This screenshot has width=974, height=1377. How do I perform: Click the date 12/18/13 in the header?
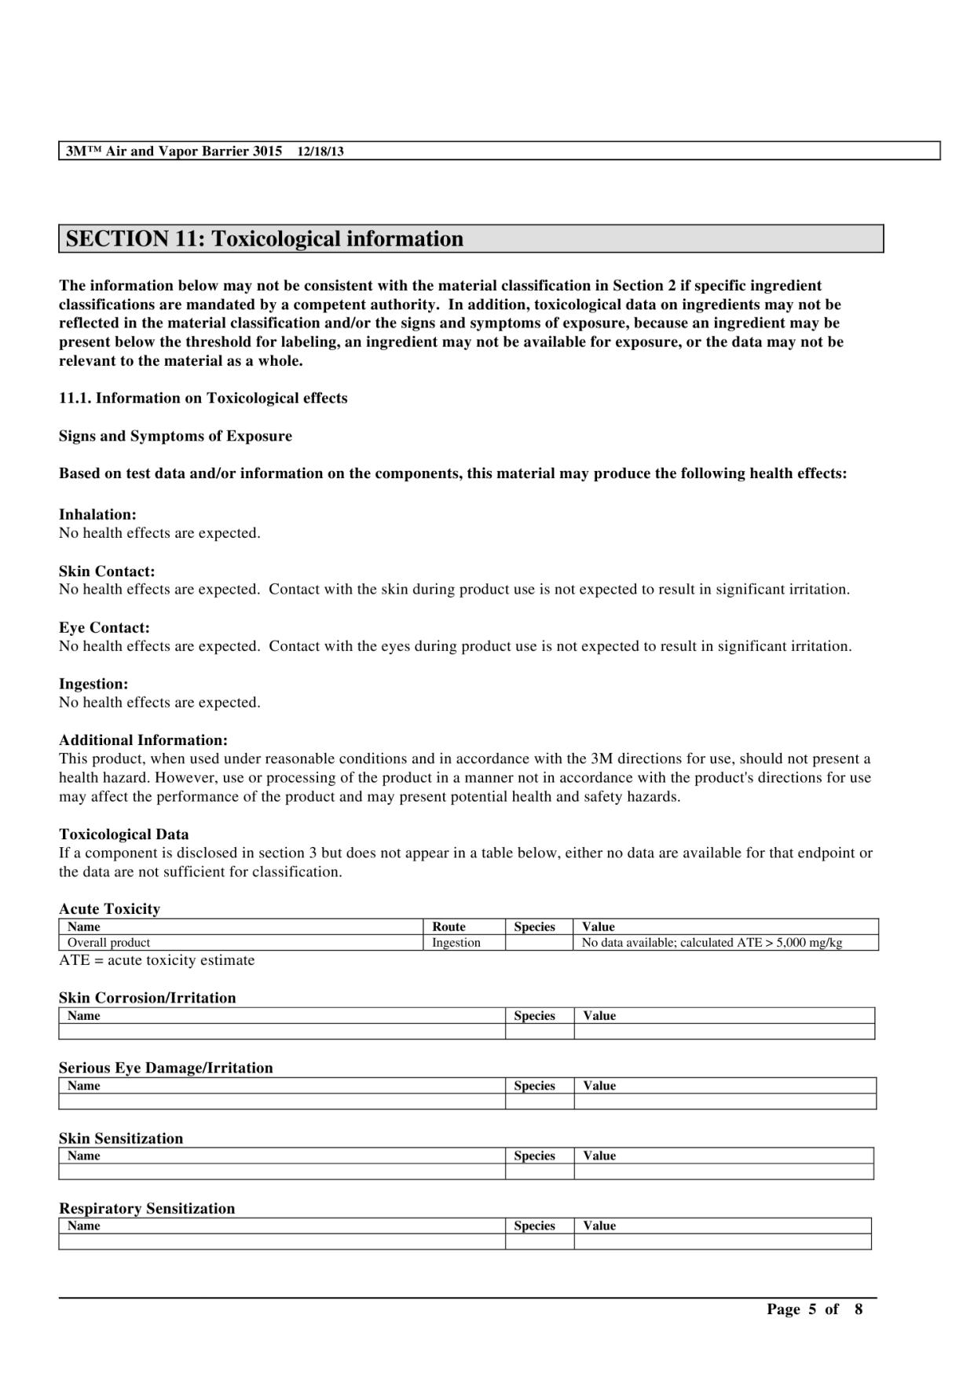320,152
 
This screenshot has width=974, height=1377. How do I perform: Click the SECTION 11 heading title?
264,239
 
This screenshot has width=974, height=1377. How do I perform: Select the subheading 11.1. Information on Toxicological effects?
203,398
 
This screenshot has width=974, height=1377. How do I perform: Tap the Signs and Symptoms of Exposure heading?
175,436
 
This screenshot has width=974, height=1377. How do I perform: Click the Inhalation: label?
97,514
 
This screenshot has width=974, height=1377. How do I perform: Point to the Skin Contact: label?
107,571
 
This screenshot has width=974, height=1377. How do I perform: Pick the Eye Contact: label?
104,627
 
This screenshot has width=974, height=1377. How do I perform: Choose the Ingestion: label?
93,684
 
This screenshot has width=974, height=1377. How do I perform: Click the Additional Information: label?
143,740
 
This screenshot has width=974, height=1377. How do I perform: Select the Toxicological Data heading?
123,834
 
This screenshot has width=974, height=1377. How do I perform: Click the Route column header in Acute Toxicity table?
449,926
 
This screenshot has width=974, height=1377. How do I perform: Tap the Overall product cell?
108,942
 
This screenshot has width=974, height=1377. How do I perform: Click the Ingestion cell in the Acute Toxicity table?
456,942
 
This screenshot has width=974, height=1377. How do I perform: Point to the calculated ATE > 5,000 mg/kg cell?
712,942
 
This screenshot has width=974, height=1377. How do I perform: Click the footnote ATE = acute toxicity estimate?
156,960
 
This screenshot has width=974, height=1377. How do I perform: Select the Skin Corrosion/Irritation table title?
147,998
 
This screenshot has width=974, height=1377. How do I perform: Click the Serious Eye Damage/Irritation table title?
166,1068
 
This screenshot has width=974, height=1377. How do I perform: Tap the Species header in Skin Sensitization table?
534,1156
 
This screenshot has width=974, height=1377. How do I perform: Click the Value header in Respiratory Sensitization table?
599,1225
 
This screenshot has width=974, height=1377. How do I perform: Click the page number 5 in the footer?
812,1309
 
